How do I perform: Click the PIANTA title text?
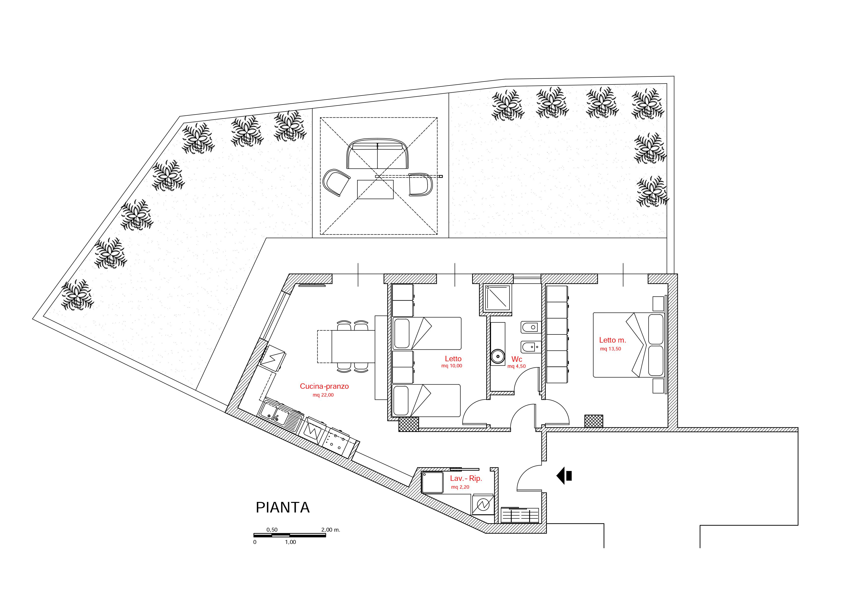click(283, 508)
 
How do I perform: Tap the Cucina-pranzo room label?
click(324, 386)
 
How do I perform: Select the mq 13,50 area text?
click(610, 349)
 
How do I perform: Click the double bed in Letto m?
click(629, 345)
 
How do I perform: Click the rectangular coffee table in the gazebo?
click(375, 190)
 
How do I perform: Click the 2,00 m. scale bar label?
click(331, 530)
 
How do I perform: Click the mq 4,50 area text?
click(517, 366)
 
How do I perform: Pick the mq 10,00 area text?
click(452, 366)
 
